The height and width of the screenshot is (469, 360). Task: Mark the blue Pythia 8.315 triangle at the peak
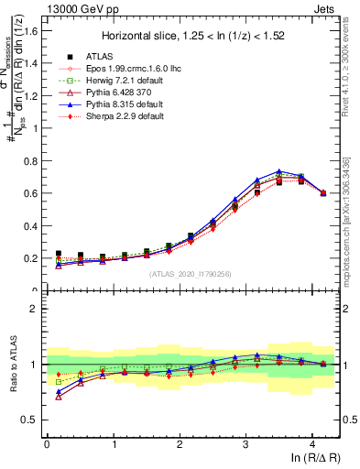point(279,171)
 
